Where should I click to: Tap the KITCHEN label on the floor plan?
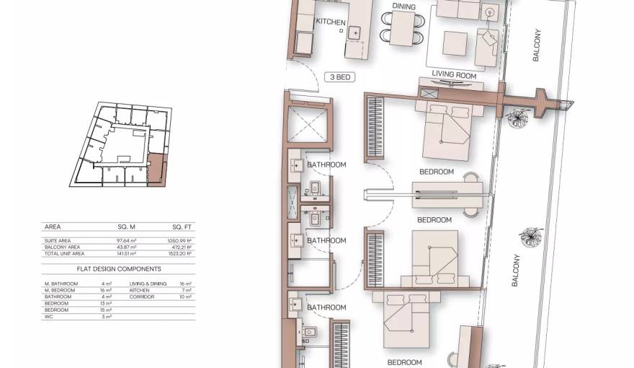[331, 22]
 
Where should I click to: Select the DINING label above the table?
[403, 6]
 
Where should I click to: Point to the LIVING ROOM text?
[454, 74]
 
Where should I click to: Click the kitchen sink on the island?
[355, 32]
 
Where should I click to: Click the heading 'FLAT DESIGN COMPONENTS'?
[119, 268]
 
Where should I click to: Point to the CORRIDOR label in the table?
[143, 297]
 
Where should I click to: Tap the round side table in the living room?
[490, 12]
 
